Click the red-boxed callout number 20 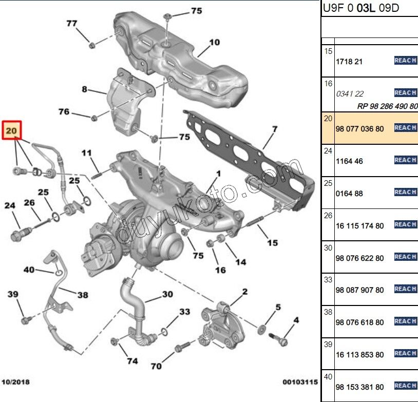pyautogui.click(x=12, y=131)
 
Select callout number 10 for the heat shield pyautogui.click(x=214, y=42)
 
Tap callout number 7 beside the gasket pyautogui.click(x=275, y=129)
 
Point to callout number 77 pyautogui.click(x=72, y=23)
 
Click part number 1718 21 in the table pyautogui.click(x=349, y=62)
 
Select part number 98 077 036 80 pyautogui.click(x=359, y=129)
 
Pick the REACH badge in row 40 pyautogui.click(x=405, y=386)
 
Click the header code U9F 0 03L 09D pyautogui.click(x=360, y=9)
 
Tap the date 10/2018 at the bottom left pyautogui.click(x=16, y=382)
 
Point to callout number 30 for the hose pyautogui.click(x=167, y=294)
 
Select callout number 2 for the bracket pyautogui.click(x=245, y=292)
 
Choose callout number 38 pyautogui.click(x=83, y=295)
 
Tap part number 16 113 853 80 pyautogui.click(x=359, y=355)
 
